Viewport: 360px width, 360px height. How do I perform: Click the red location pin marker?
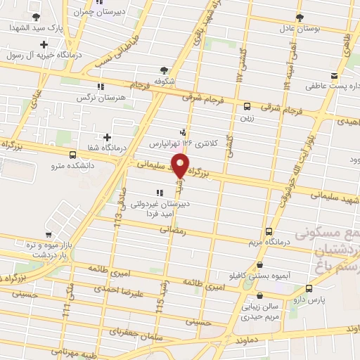(x=181, y=166)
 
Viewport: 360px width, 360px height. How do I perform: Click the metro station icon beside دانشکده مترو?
(x=72, y=154)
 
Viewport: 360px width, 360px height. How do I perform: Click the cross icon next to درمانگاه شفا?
(x=107, y=137)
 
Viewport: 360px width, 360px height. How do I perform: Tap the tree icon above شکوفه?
(x=164, y=70)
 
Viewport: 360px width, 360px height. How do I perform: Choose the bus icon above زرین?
(x=247, y=107)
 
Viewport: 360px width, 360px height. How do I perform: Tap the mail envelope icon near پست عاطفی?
(x=335, y=76)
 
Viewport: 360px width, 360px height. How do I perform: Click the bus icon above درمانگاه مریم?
(x=269, y=231)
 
